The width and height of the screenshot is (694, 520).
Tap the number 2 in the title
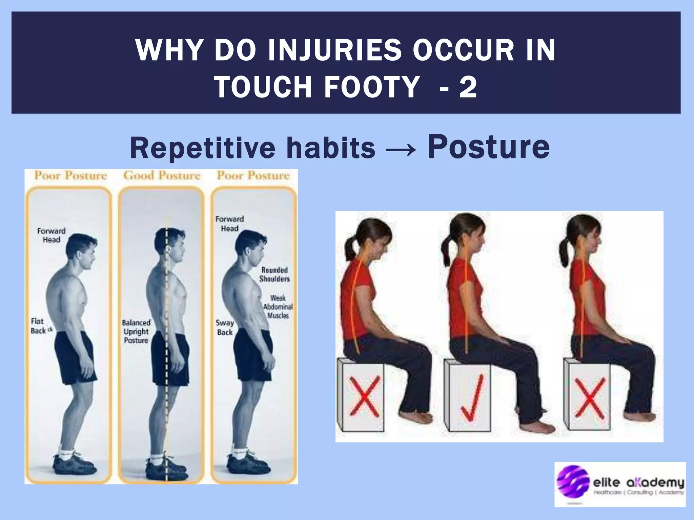click(x=468, y=87)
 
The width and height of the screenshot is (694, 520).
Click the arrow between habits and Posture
click(x=401, y=149)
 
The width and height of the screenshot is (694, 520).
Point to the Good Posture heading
click(x=162, y=175)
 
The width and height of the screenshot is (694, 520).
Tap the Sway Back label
click(x=225, y=327)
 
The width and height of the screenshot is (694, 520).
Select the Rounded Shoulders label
click(x=275, y=274)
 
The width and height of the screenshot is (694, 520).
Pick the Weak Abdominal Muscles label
click(x=278, y=307)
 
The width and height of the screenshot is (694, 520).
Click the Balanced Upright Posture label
click(x=136, y=331)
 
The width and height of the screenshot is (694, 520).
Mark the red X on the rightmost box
click(x=590, y=397)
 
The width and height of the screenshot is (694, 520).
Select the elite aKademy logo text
click(x=638, y=482)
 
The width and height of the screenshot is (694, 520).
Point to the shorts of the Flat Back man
click(x=75, y=357)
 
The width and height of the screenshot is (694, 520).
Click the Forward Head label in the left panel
click(x=51, y=235)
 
